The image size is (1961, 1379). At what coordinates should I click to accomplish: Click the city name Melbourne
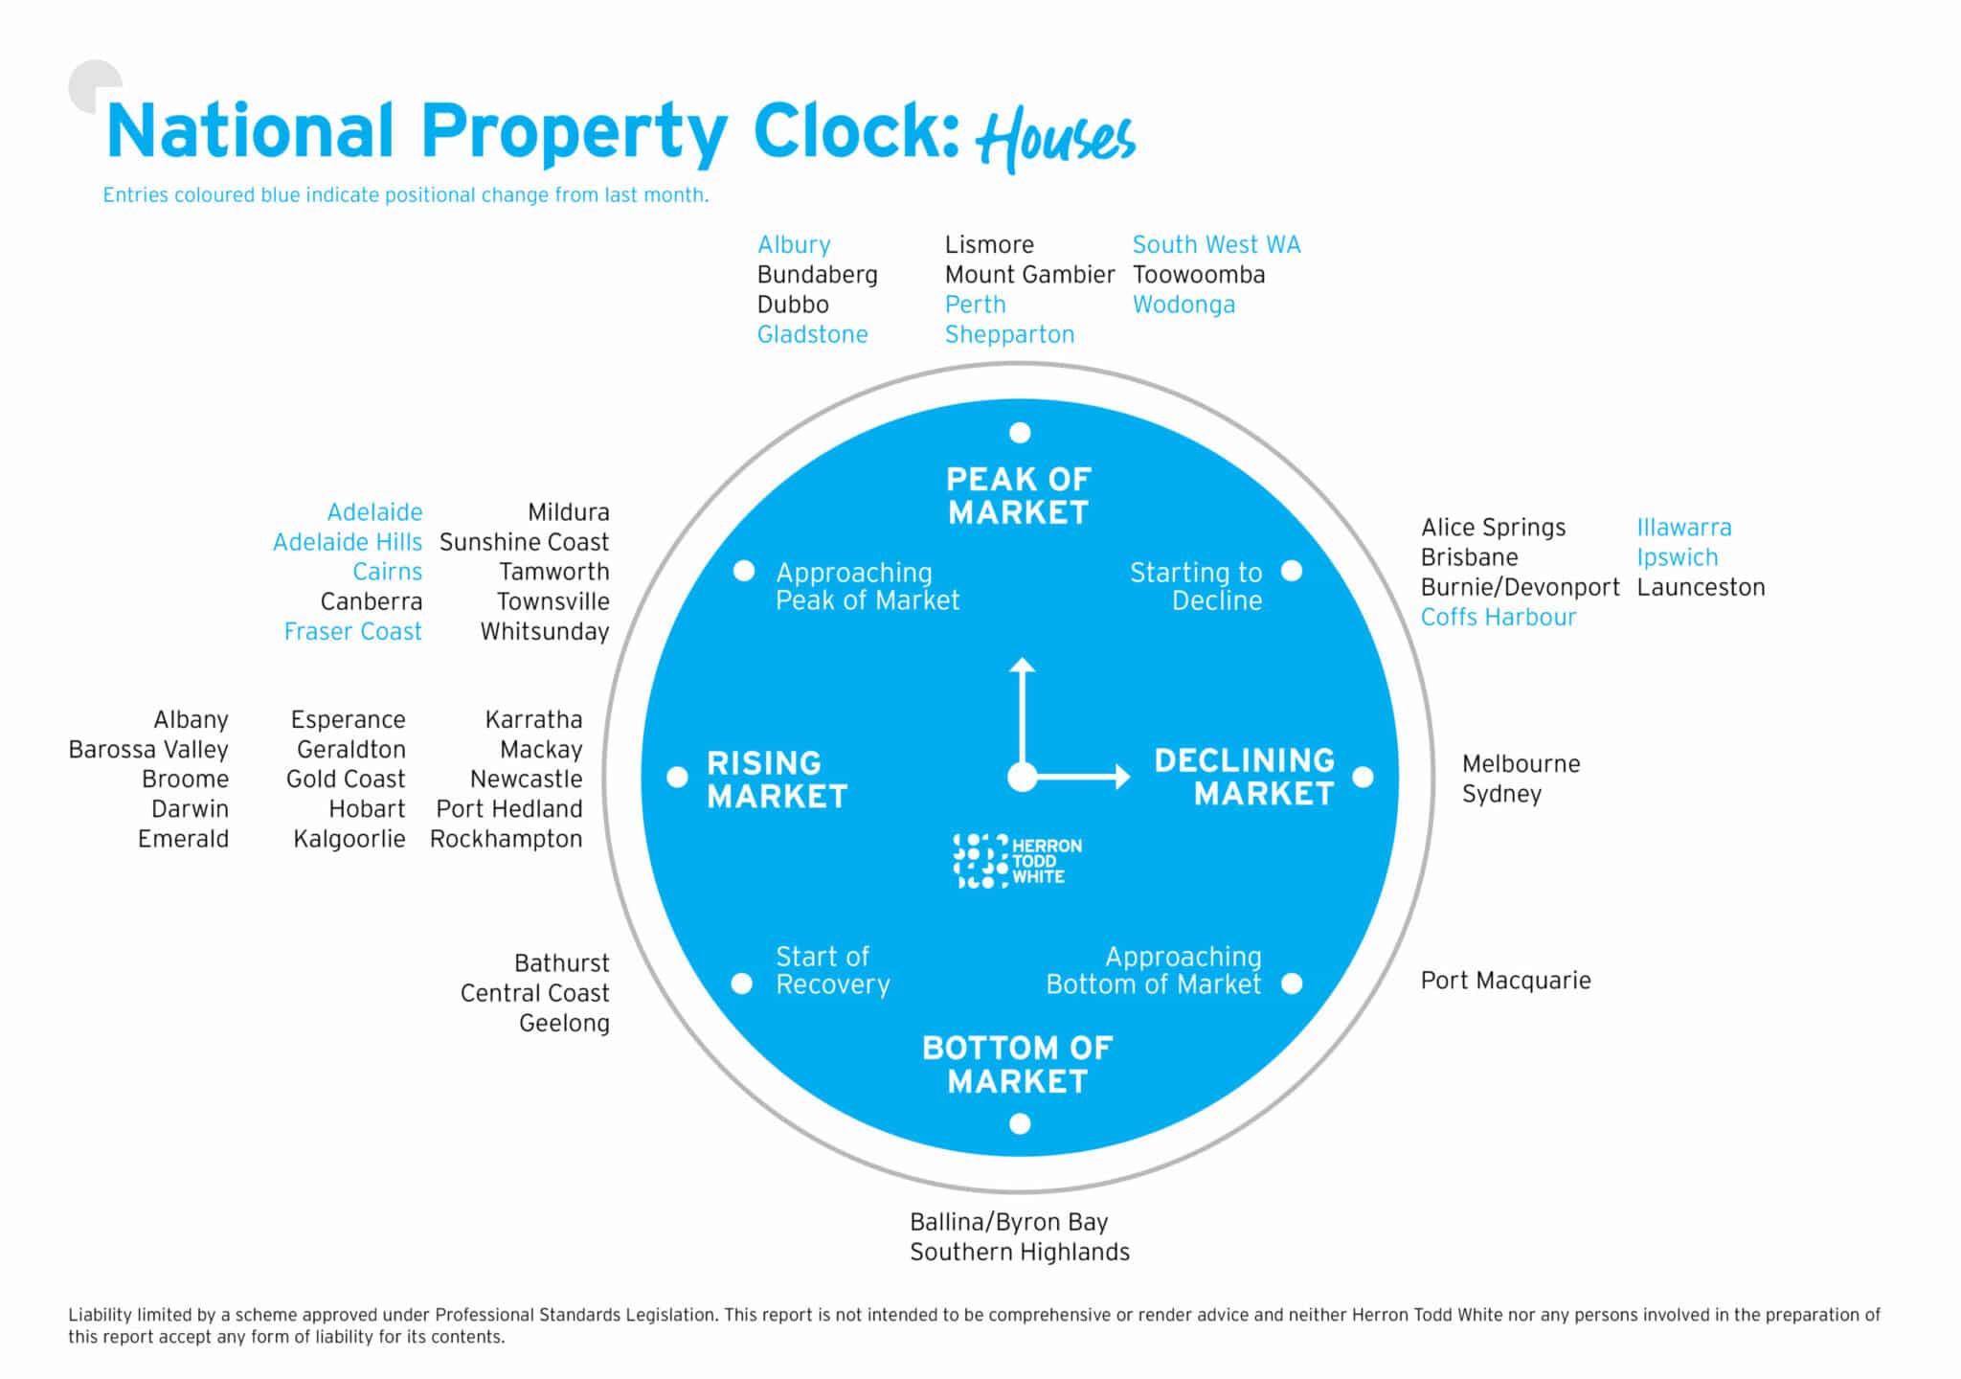(x=1521, y=764)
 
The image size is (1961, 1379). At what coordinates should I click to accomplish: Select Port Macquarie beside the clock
(x=1505, y=981)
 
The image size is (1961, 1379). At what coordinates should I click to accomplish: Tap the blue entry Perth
(x=975, y=305)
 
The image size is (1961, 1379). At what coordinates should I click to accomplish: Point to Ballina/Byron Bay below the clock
(x=1008, y=1223)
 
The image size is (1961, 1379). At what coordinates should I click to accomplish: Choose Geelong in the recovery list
(x=564, y=1024)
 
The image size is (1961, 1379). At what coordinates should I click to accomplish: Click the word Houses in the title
(x=1054, y=140)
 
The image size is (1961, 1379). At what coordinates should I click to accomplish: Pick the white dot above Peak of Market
(x=1020, y=433)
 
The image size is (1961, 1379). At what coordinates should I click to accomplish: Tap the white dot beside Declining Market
(x=1364, y=777)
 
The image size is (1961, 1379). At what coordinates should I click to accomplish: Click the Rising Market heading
(x=777, y=780)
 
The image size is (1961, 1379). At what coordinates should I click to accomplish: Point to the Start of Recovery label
(x=832, y=970)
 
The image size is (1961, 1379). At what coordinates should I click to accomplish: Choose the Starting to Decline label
(x=1196, y=586)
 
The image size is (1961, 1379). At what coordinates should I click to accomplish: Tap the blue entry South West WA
(x=1216, y=245)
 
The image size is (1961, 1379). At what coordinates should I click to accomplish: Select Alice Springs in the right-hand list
(x=1493, y=529)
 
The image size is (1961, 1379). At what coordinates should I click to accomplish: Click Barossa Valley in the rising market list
(x=148, y=750)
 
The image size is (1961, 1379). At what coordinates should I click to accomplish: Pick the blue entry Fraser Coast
(x=352, y=632)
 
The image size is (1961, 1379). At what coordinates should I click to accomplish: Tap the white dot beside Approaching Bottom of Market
(x=1292, y=983)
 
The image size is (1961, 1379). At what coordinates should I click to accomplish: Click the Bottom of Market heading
(x=1017, y=1064)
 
